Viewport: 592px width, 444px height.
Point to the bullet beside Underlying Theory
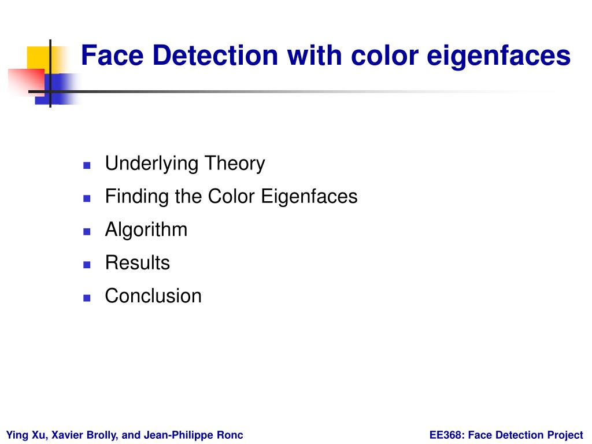point(87,165)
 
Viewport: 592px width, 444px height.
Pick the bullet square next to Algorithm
point(87,231)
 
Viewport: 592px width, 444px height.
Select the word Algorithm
point(146,230)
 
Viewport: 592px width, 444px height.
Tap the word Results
point(138,263)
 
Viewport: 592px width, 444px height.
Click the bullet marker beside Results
point(87,265)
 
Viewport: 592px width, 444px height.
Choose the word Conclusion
point(153,296)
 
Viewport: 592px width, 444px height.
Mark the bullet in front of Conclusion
point(87,298)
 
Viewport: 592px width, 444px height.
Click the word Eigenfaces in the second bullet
point(309,197)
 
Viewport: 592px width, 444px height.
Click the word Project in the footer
point(565,435)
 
